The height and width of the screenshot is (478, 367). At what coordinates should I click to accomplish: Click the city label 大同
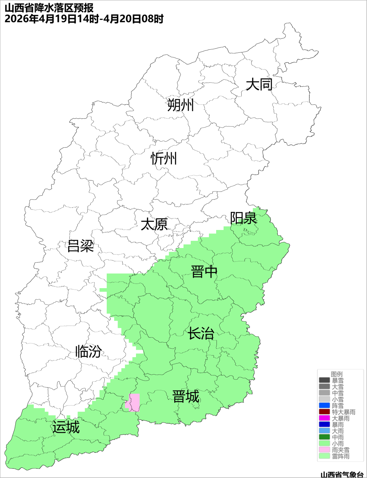tap(259, 84)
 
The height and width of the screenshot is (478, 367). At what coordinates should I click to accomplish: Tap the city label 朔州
tap(180, 105)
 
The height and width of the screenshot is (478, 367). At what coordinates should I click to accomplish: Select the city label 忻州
tap(164, 159)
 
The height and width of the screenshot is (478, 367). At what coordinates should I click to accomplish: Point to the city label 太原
tap(154, 225)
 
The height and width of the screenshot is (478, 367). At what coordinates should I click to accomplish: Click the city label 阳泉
tap(243, 218)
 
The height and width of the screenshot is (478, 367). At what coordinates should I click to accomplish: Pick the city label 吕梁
tap(81, 246)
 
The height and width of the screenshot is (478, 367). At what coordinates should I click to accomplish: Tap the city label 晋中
tap(204, 272)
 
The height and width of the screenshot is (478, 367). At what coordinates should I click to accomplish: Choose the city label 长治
tap(201, 333)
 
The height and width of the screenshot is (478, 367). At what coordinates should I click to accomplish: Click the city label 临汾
tap(88, 351)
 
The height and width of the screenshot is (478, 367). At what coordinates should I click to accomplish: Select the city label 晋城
tap(186, 397)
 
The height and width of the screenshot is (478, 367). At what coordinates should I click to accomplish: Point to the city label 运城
tap(66, 427)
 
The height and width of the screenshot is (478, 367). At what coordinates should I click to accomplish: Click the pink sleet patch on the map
tap(133, 402)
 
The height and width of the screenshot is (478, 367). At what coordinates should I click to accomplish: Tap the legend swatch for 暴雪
tap(324, 380)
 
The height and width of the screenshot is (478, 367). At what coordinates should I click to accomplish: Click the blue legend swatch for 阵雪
tap(324, 406)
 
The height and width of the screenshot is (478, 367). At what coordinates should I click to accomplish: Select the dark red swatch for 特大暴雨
tap(324, 412)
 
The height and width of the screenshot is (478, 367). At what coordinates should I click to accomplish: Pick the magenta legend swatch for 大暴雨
tap(324, 418)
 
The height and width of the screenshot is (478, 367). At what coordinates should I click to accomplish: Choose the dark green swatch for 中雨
tap(324, 437)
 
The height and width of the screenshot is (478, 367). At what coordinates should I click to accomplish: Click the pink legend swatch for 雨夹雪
tap(324, 450)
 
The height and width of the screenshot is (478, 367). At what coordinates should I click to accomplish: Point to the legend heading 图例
tap(337, 374)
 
